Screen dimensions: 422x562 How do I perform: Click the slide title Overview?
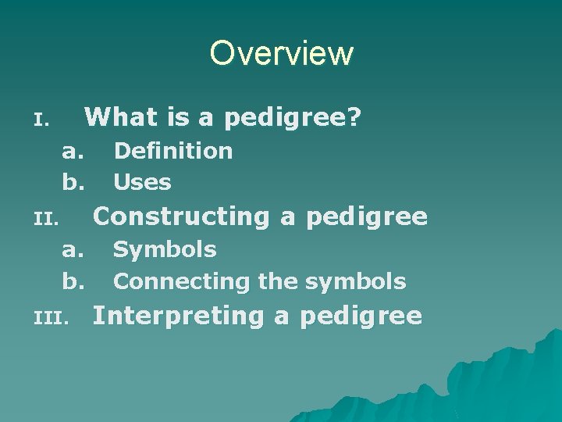[281, 53]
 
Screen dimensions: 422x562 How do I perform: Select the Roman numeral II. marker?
[46, 220]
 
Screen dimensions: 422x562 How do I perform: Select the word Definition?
[173, 151]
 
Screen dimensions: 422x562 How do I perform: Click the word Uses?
[142, 183]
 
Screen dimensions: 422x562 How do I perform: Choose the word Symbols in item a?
[165, 250]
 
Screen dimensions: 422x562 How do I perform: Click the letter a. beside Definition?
[73, 151]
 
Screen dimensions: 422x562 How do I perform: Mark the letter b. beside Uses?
[73, 183]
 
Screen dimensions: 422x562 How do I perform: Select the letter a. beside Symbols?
[73, 250]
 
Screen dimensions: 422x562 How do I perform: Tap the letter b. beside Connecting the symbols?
[73, 281]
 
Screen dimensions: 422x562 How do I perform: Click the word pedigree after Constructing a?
[367, 217]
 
